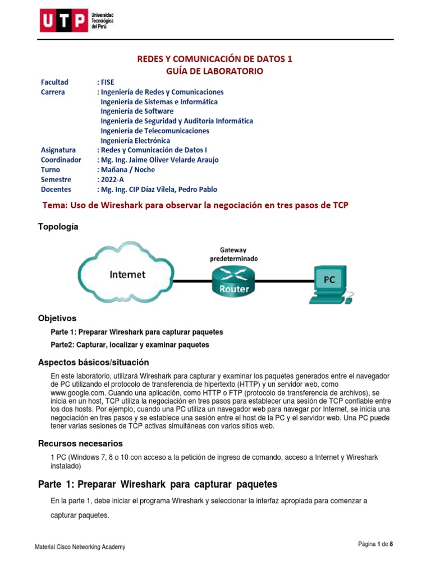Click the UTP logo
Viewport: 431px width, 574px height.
(x=76, y=21)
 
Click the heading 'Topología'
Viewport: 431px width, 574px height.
(x=58, y=226)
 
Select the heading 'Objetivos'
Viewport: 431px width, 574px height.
(x=57, y=318)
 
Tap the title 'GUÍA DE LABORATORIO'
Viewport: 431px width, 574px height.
(x=214, y=71)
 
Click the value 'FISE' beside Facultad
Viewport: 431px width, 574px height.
(x=107, y=82)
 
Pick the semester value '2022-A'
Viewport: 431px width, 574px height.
(x=114, y=179)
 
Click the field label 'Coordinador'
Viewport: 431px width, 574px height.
(x=61, y=160)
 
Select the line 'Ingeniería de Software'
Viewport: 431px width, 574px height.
(x=137, y=111)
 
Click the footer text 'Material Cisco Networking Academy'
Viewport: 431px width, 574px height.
(x=80, y=547)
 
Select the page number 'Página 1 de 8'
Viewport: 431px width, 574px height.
(x=379, y=544)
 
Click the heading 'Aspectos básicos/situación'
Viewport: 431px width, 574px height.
(x=93, y=362)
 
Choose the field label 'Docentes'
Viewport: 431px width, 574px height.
(x=56, y=189)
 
